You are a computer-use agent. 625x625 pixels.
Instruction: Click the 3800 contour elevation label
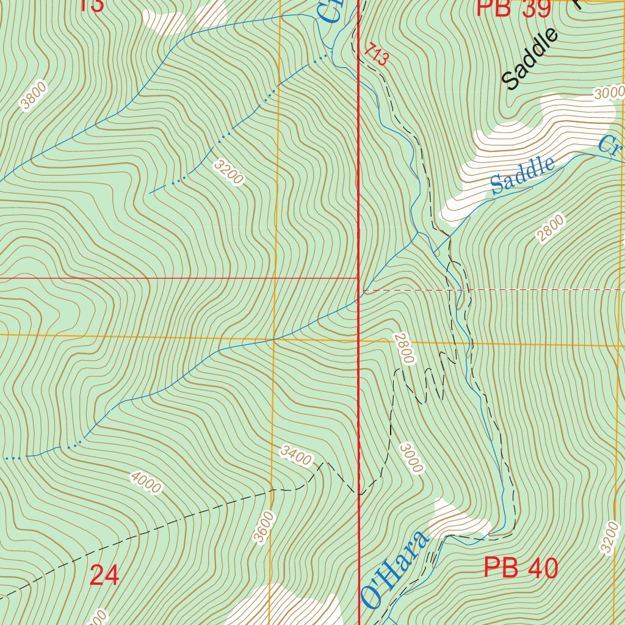point(33,96)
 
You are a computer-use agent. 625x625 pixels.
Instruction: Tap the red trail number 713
point(377,55)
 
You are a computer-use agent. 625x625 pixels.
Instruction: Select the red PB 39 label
point(513,9)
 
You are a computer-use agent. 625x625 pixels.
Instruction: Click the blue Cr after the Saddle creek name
point(609,146)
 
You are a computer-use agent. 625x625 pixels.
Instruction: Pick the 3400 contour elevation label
point(296,455)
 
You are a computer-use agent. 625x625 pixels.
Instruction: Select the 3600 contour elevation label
point(264,527)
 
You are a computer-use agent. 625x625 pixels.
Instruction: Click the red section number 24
point(104,575)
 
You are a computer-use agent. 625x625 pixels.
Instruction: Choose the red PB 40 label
point(521,568)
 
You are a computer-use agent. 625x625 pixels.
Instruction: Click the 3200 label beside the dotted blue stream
point(229,172)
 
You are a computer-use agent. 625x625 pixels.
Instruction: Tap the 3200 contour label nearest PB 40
point(609,538)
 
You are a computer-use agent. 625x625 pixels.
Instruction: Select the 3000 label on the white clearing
point(609,93)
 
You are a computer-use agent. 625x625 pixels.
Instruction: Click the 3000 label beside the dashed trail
point(411,458)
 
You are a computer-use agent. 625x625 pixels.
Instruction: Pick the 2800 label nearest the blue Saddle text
point(551,229)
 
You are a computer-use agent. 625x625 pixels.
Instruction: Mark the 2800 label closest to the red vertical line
point(403,348)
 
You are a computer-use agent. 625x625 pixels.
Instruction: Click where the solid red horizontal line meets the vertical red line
point(358,278)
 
